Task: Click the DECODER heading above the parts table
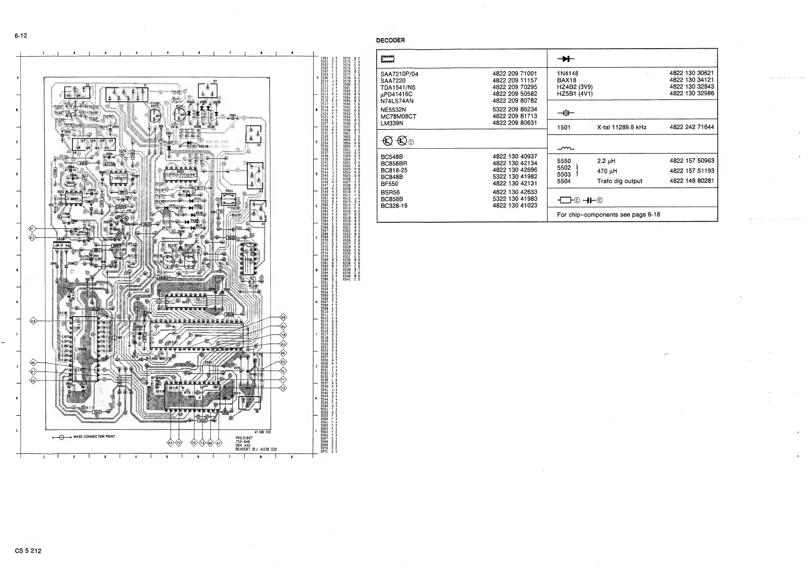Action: point(390,40)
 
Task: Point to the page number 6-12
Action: point(21,36)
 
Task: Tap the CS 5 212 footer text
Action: point(28,551)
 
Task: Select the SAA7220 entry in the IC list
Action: point(392,80)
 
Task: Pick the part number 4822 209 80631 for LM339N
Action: point(515,123)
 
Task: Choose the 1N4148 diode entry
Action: point(567,74)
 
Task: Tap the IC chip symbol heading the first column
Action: point(387,59)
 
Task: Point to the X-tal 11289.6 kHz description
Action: point(621,127)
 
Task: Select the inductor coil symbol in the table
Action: point(566,149)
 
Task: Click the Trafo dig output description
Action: point(619,181)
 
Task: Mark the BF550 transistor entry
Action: point(389,183)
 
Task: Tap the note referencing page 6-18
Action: point(608,215)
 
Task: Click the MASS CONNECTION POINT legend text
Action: point(94,437)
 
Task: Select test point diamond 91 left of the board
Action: point(32,229)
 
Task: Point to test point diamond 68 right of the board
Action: point(283,317)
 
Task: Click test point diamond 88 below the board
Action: point(170,443)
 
